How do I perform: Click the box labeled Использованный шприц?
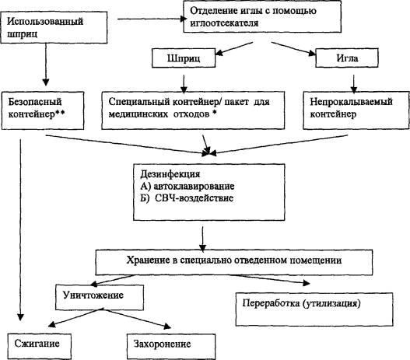pos(54,27)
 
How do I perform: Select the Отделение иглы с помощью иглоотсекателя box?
pos(262,16)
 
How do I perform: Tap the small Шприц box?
pos(184,58)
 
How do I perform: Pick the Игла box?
pos(347,58)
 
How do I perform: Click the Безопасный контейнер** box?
pos(43,110)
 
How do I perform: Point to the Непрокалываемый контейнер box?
pos(356,110)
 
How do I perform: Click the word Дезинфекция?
pos(170,174)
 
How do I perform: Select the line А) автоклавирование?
pos(187,187)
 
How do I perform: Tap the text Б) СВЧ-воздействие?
pos(187,198)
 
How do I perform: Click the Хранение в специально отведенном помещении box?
pos(234,262)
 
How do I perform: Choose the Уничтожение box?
pos(100,297)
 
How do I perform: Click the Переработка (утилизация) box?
pos(314,309)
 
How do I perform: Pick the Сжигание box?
pos(40,346)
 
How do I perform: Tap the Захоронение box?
pos(171,347)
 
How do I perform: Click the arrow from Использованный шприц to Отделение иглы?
pos(152,19)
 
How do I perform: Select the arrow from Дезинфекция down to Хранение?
pos(202,239)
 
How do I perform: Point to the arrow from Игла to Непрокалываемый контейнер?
pos(354,84)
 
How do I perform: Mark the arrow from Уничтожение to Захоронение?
pos(136,318)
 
